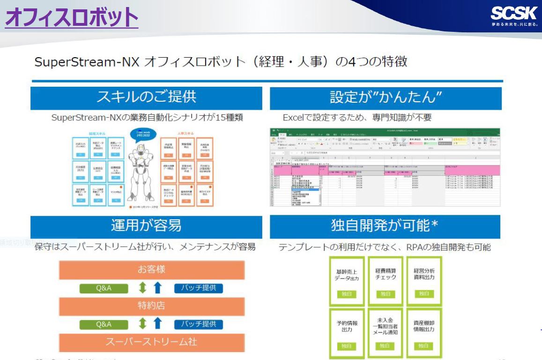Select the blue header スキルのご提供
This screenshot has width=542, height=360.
[147, 98]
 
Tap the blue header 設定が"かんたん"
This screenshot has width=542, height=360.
[386, 98]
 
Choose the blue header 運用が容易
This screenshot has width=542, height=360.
[147, 227]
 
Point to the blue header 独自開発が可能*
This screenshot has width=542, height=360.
[386, 227]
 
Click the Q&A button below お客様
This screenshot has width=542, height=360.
[103, 288]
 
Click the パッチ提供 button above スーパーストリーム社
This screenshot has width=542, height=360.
[199, 324]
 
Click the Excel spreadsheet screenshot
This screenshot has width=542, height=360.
[386, 166]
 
